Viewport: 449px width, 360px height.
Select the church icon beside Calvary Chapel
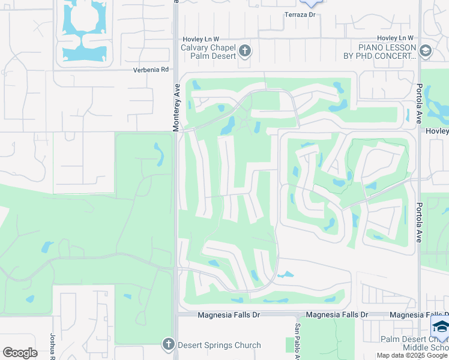pos(245,51)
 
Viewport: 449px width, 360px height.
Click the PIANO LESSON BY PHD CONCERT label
pos(387,52)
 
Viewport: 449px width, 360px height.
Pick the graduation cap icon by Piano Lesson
pos(426,51)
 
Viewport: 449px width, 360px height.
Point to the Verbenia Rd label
pos(151,70)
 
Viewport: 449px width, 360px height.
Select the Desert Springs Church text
pos(219,345)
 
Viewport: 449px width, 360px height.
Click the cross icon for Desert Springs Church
pos(169,344)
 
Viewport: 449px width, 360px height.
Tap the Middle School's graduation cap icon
pos(440,328)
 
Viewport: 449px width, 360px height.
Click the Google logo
pos(20,353)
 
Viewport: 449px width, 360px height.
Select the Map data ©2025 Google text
pos(412,355)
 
